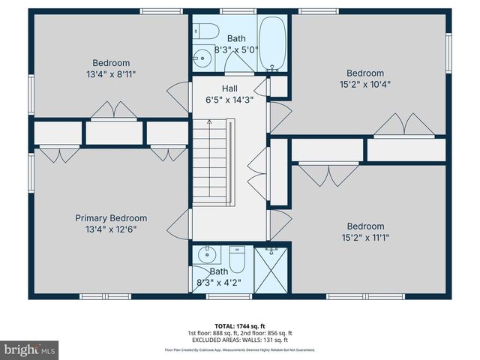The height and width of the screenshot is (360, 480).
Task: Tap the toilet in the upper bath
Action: pyautogui.click(x=205, y=31)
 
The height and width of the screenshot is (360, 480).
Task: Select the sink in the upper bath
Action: pyautogui.click(x=201, y=56)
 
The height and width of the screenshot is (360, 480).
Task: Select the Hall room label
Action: pyautogui.click(x=229, y=88)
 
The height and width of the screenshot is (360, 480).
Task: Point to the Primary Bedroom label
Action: pyautogui.click(x=111, y=218)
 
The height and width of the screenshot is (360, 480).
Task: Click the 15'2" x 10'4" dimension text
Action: pyautogui.click(x=365, y=84)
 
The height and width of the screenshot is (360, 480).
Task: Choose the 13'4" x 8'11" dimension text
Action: pyautogui.click(x=111, y=73)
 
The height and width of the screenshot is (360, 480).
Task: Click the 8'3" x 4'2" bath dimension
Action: pyautogui.click(x=219, y=283)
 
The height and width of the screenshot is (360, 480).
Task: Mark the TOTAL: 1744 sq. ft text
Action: pyautogui.click(x=240, y=325)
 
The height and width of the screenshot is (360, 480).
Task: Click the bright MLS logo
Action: pyautogui.click(x=30, y=349)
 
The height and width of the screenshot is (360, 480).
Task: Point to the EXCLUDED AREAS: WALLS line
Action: pyautogui.click(x=240, y=340)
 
